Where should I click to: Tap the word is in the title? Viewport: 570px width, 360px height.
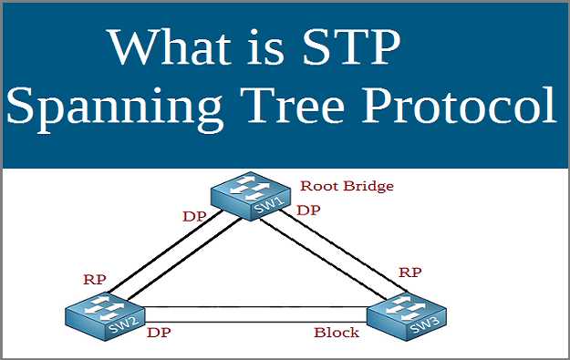click(x=267, y=48)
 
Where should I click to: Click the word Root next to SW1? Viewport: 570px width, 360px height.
click(x=320, y=186)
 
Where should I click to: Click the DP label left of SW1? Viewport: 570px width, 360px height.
click(x=192, y=218)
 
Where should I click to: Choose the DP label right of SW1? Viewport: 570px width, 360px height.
click(x=309, y=210)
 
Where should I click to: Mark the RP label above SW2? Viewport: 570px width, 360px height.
click(x=94, y=279)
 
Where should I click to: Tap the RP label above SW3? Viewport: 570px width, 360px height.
click(x=409, y=272)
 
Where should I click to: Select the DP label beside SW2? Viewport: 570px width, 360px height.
click(x=160, y=334)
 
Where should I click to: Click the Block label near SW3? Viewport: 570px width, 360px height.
click(x=337, y=333)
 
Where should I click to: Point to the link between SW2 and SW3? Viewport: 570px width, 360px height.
click(x=255, y=314)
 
